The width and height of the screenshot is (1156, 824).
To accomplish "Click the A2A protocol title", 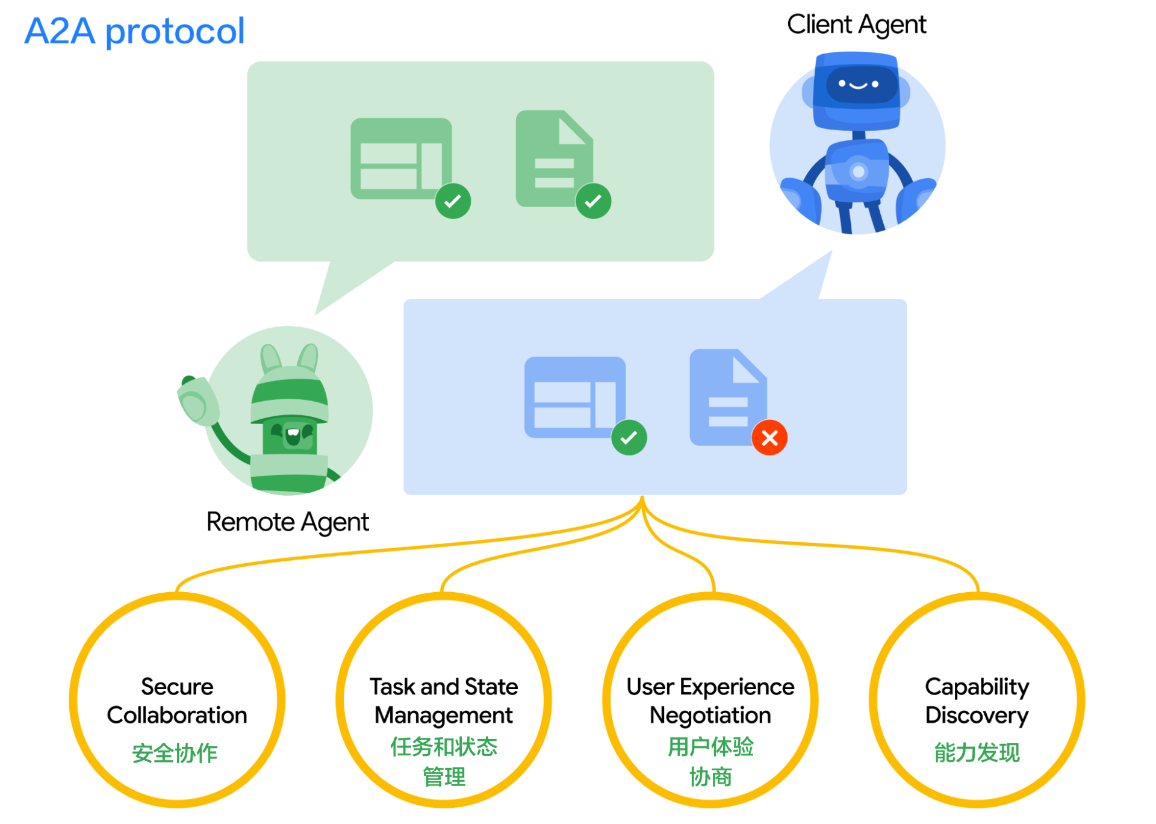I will coord(134,31).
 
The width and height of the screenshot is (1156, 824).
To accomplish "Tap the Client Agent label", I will coord(856,25).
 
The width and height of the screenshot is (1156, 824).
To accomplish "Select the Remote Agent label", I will coord(287,522).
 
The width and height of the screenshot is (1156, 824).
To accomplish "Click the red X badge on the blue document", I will coord(769,437).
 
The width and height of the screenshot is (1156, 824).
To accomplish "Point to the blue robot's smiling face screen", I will coord(858,84).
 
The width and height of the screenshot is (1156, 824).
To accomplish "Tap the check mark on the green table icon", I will coord(453,201).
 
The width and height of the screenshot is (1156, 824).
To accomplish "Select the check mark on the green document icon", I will coord(593,201).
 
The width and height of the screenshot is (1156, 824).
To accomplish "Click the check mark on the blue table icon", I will coord(629,437).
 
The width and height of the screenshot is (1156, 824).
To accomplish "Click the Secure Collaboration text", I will coord(177,701).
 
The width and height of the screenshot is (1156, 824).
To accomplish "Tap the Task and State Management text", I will coord(444,701).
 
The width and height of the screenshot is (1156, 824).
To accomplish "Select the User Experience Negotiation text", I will coord(710,701).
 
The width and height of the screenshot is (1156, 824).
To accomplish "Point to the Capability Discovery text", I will coord(977,701).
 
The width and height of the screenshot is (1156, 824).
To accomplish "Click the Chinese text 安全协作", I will coord(175,753).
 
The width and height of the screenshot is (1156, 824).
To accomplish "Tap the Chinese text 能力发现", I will coord(977,752).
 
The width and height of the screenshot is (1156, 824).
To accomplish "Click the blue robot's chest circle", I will coord(859,172).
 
